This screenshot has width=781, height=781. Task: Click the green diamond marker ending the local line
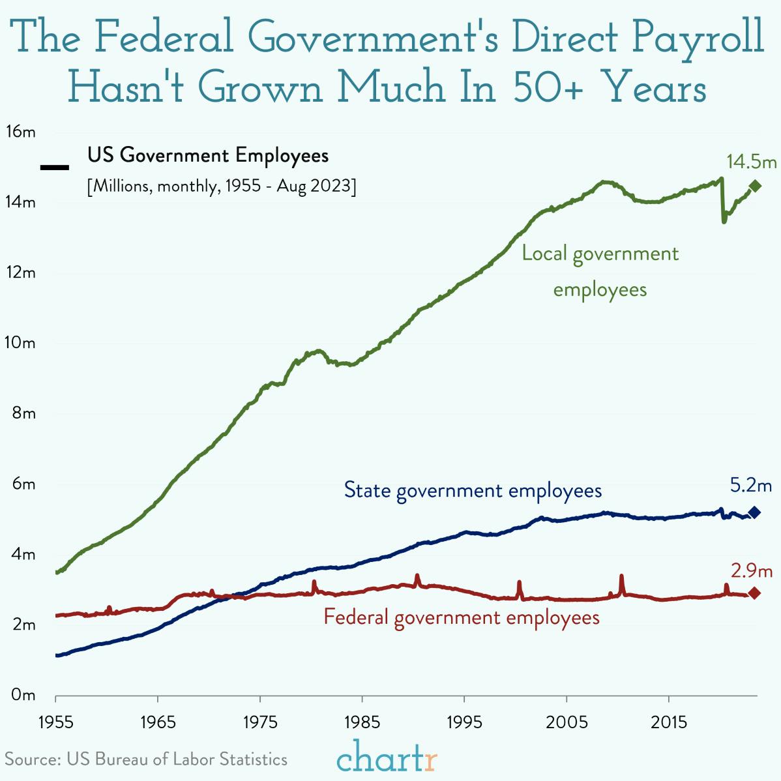click(x=755, y=186)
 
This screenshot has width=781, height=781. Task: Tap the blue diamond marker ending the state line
click(x=755, y=512)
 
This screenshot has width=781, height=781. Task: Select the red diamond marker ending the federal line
click(x=754, y=593)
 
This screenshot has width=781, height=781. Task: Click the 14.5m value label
click(x=752, y=161)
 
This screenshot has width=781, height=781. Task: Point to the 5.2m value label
click(x=750, y=485)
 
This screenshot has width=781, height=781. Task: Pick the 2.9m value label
click(x=751, y=571)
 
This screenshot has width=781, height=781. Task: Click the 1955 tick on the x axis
click(x=55, y=722)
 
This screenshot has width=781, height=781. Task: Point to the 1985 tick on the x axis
click(x=362, y=722)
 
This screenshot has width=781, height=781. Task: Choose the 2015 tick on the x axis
click(x=668, y=722)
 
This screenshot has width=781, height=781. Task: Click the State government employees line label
click(x=473, y=490)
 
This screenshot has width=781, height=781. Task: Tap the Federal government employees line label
click(x=462, y=617)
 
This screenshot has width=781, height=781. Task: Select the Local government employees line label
click(x=600, y=271)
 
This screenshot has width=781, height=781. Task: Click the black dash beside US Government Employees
click(x=55, y=168)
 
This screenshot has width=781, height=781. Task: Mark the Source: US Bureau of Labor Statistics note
click(x=146, y=759)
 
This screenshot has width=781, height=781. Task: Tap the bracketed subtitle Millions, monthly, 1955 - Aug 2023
click(x=222, y=186)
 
